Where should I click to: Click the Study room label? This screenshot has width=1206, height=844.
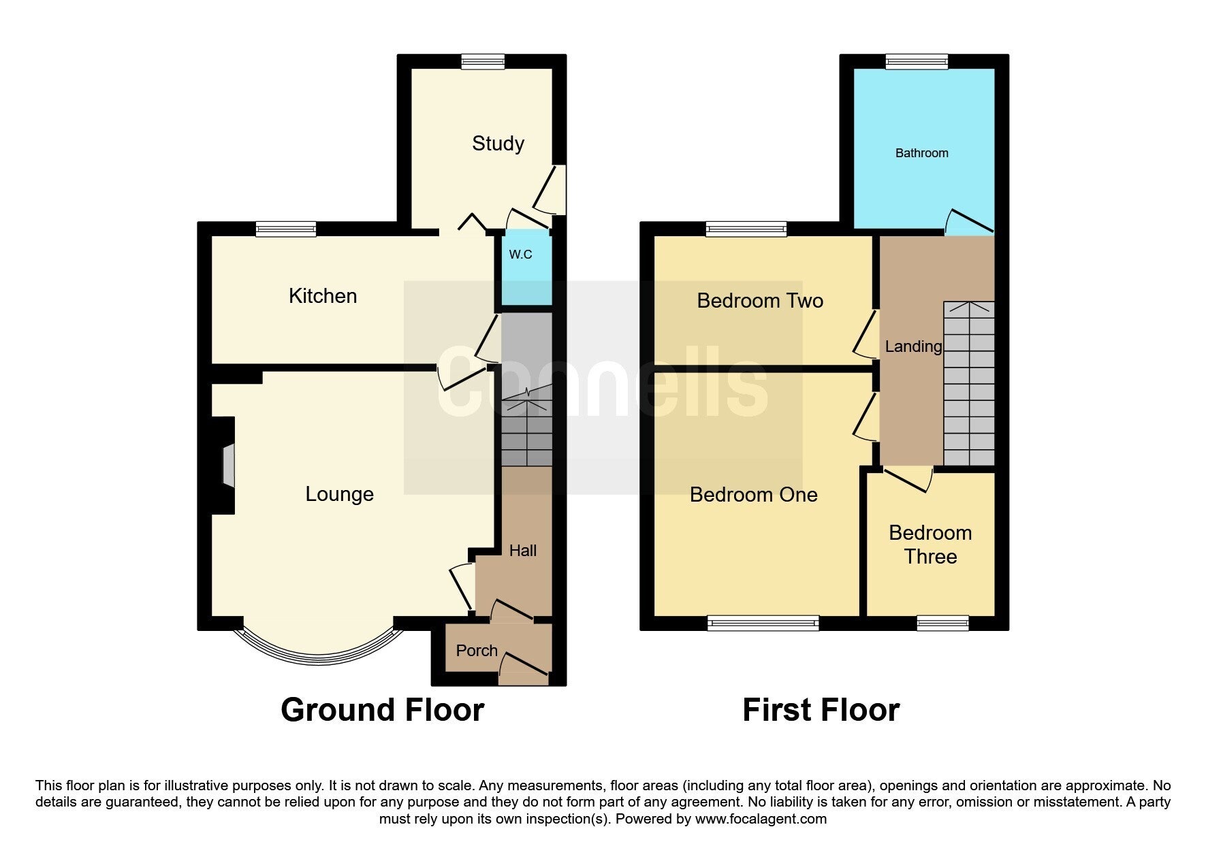(x=498, y=144)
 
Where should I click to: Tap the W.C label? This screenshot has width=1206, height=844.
(x=521, y=255)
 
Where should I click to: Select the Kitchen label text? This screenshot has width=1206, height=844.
(x=323, y=296)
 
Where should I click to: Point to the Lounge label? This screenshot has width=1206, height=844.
(x=339, y=494)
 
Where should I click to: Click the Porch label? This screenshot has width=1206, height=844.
(x=477, y=651)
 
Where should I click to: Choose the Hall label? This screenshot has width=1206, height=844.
(x=523, y=551)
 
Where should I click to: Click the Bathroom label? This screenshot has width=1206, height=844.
(x=921, y=153)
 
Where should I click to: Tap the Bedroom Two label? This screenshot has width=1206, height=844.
(x=760, y=301)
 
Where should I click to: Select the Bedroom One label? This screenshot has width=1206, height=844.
(x=753, y=495)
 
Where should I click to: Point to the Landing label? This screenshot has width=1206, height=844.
(x=913, y=347)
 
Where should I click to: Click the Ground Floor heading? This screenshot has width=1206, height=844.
(x=382, y=710)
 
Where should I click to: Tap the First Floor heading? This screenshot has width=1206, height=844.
(x=821, y=710)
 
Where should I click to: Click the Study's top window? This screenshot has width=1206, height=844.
(x=483, y=62)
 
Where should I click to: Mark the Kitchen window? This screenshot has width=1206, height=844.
(x=286, y=229)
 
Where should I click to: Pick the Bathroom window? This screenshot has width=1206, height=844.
(x=917, y=62)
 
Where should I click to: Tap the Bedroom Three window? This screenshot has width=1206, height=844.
(x=942, y=623)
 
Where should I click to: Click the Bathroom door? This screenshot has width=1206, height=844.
(x=969, y=221)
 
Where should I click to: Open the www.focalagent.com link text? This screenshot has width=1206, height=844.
(x=761, y=819)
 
